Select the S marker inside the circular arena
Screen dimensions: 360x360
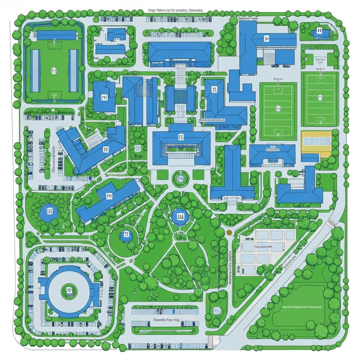[x=69, y=290]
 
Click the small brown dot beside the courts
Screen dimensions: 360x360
[x=229, y=232]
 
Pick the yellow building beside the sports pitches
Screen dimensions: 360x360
[x=316, y=144]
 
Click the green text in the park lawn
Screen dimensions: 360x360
[x=302, y=307]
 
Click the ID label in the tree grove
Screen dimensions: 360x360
[x=137, y=148]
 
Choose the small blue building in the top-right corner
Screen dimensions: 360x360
[x=320, y=32]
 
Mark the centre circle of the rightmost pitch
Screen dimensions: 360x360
[x=320, y=97]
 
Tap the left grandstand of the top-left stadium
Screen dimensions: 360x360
[x=35, y=70]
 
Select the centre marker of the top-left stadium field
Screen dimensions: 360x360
[x=54, y=70]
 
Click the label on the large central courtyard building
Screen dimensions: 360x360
[x=181, y=136]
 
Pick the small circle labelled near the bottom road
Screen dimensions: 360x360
[x=216, y=311]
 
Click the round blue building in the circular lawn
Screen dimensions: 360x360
[x=126, y=236]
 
